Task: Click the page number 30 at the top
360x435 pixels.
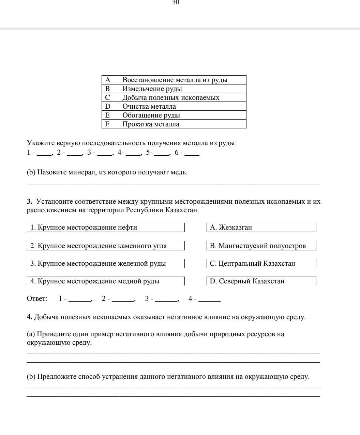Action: tap(176, 2)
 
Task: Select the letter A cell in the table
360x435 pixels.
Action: tap(108, 80)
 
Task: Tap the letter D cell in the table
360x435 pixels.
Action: tap(108, 107)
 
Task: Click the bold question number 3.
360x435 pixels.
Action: tap(29, 202)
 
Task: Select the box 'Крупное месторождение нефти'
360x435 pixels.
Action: tap(106, 228)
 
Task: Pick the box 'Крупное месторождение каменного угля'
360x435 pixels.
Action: tap(106, 246)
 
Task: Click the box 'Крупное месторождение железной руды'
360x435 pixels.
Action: tap(106, 264)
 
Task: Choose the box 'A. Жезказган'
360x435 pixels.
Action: tap(261, 228)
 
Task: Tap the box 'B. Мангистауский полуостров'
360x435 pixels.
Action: tap(261, 246)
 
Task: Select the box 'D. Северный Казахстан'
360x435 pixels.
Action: tap(261, 281)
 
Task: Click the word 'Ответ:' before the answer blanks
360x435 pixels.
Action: tap(37, 299)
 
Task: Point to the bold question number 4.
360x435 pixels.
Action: tap(29, 317)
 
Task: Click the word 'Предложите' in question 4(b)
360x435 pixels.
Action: tap(57, 377)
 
